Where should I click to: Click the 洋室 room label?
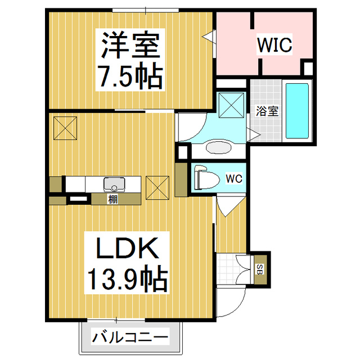pos(131,43)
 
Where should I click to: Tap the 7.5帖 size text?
pos(131,75)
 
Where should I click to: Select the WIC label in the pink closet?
pos(274,45)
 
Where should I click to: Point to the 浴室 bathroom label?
pos(266,110)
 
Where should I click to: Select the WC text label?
pos(233,179)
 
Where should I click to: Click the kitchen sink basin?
pos(114,184)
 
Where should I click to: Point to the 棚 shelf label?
pos(112,199)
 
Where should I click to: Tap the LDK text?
pos(125,248)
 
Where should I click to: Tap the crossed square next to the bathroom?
pos(230,104)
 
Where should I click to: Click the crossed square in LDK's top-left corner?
pos(65,127)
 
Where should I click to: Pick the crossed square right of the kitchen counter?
pos(157,188)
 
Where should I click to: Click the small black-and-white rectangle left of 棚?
pos(78,199)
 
